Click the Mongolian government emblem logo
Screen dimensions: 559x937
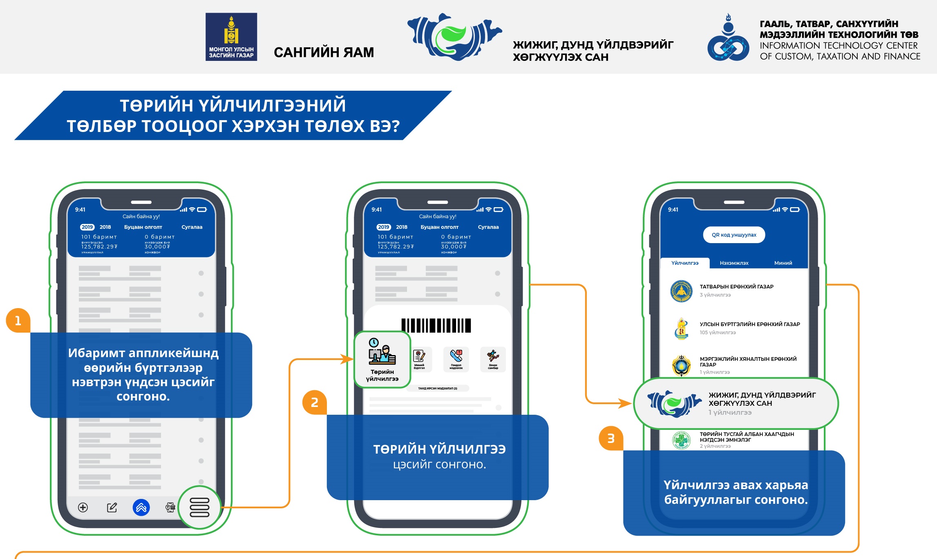click(x=231, y=37)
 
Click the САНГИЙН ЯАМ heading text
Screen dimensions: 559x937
click(x=324, y=52)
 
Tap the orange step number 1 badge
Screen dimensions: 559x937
click(x=18, y=320)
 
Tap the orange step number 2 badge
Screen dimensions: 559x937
click(x=314, y=402)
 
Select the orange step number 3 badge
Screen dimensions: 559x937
click(x=611, y=438)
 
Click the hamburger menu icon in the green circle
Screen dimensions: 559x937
click(x=199, y=507)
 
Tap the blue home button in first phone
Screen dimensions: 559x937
click(x=141, y=508)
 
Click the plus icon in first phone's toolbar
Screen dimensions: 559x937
click(x=83, y=508)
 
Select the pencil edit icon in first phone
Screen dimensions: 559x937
click(x=112, y=508)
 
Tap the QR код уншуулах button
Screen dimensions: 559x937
click(x=734, y=235)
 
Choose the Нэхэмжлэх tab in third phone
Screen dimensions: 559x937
click(x=734, y=263)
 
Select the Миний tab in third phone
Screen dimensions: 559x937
click(x=783, y=263)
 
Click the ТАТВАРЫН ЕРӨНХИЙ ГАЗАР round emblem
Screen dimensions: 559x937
click(x=681, y=291)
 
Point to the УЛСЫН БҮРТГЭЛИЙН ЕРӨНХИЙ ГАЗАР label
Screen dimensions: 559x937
click(x=749, y=324)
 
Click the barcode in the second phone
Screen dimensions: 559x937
click(x=436, y=325)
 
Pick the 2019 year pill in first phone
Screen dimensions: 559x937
click(x=87, y=227)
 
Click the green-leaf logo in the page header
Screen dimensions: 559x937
click(x=454, y=37)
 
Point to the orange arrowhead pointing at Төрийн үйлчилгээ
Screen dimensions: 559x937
click(x=348, y=359)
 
